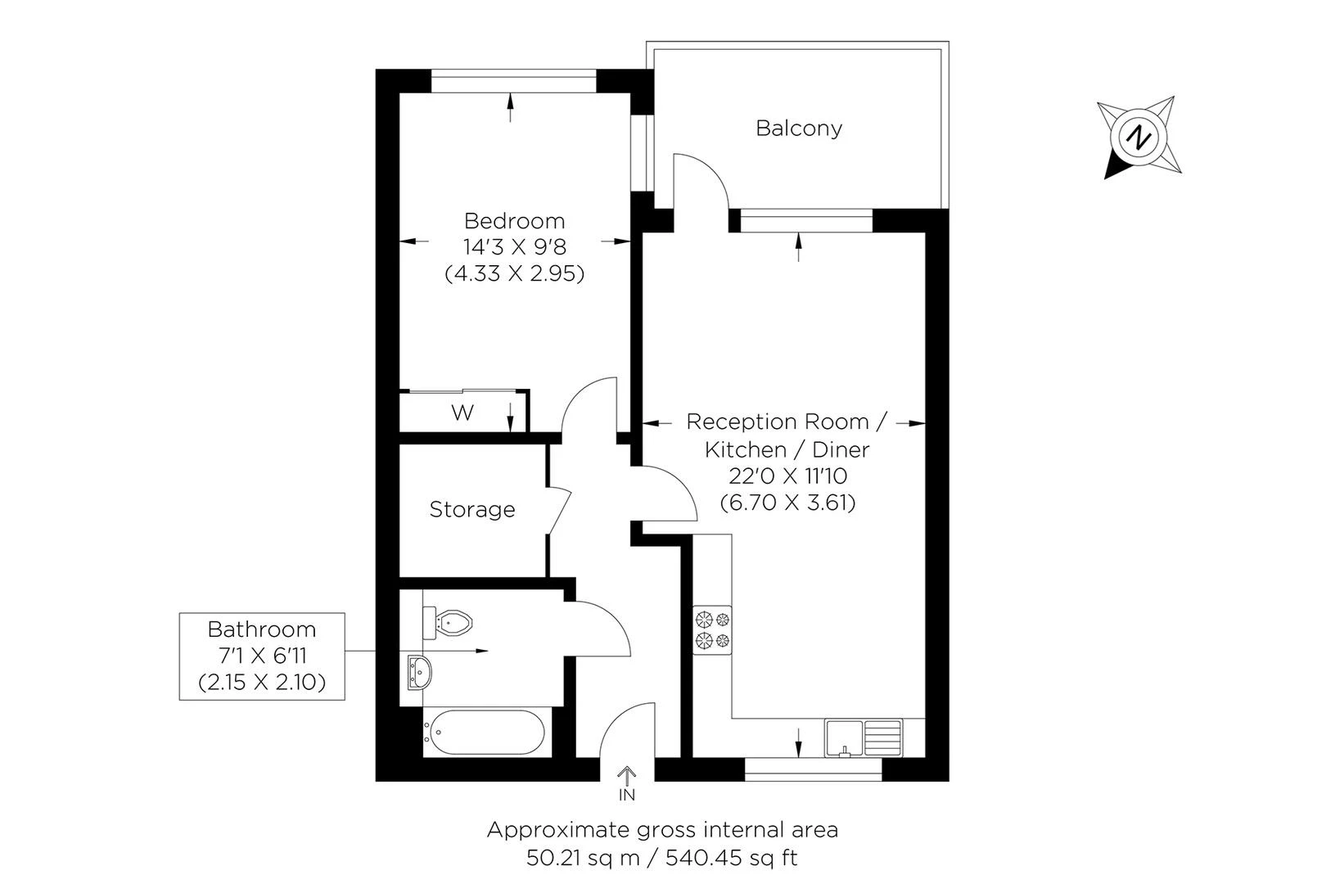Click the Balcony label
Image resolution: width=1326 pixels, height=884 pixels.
tap(798, 129)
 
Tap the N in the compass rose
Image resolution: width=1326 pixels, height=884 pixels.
tap(1138, 137)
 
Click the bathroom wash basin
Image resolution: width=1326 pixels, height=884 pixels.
tap(419, 674)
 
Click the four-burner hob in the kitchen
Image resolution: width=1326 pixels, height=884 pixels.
tap(712, 629)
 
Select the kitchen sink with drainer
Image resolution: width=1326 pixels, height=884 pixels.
tap(864, 737)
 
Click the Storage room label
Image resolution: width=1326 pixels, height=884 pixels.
tap(472, 510)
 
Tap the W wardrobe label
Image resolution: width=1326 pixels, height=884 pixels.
tap(462, 413)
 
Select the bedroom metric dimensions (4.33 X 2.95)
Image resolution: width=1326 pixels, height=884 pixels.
tap(514, 273)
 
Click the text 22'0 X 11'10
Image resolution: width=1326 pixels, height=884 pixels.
tap(787, 476)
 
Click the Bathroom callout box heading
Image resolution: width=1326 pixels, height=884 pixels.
tap(261, 629)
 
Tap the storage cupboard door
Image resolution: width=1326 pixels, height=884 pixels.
tap(559, 511)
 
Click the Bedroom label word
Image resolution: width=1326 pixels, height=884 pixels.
tap(514, 221)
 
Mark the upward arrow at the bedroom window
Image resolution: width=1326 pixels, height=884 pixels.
tap(511, 107)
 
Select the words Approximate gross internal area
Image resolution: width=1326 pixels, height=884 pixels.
tap(662, 830)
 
